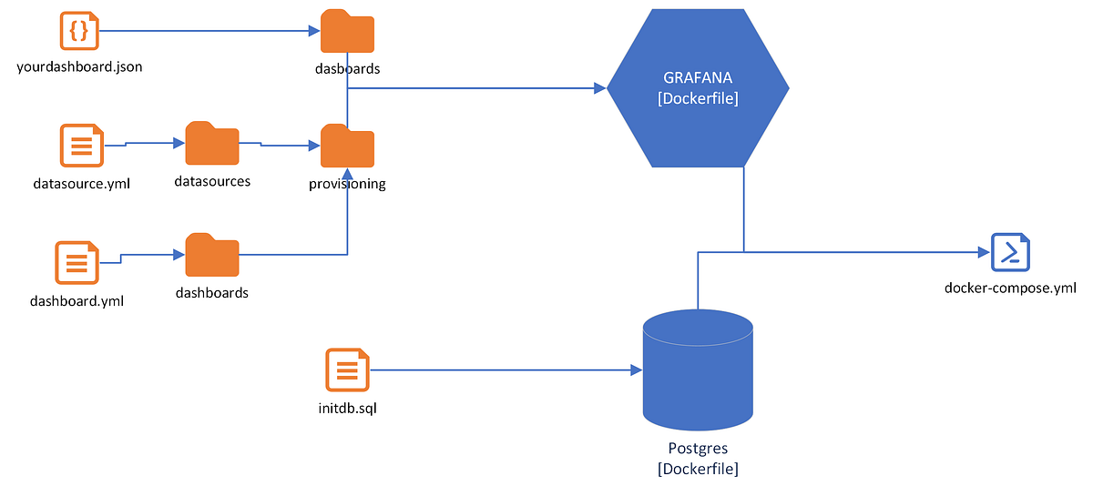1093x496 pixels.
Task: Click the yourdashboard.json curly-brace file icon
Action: [78, 31]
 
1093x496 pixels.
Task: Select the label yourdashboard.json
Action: [79, 67]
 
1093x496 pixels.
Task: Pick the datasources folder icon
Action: [211, 144]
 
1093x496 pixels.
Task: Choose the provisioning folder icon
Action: [347, 146]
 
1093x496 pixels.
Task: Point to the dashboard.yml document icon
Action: [77, 262]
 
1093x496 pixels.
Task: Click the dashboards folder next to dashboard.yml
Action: [211, 256]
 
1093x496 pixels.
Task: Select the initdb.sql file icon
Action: [347, 371]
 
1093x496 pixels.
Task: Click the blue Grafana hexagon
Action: [698, 88]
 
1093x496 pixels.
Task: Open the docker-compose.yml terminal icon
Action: [1010, 252]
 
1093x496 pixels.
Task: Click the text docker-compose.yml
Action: [1010, 288]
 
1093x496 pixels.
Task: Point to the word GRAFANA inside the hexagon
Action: [698, 78]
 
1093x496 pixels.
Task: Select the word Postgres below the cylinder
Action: [698, 449]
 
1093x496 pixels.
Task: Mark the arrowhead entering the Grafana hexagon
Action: [600, 88]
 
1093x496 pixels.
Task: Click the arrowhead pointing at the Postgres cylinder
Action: [637, 370]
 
